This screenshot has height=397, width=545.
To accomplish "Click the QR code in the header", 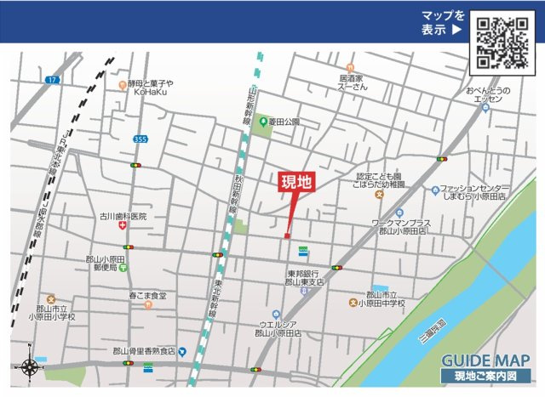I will click(503, 42).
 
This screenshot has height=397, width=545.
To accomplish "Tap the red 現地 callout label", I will click(297, 181).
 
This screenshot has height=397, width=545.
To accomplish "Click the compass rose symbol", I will click(30, 368).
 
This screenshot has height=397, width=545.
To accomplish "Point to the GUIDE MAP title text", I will click(485, 359).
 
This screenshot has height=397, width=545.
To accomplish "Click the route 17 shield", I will click(53, 80).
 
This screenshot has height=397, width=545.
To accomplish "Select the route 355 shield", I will click(141, 139).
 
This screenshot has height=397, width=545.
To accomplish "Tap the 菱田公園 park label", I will click(284, 122).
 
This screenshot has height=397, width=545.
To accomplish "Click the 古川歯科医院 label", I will click(123, 217).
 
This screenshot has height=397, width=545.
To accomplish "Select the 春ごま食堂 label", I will click(147, 296).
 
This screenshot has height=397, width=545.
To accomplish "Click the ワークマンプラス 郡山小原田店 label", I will click(401, 227).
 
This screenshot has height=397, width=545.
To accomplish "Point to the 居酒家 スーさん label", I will click(353, 82).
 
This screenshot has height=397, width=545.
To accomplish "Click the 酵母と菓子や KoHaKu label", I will click(150, 88).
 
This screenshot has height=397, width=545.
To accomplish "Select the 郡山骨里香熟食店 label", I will click(143, 351).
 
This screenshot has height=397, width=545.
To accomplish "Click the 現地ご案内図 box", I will click(485, 376).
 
